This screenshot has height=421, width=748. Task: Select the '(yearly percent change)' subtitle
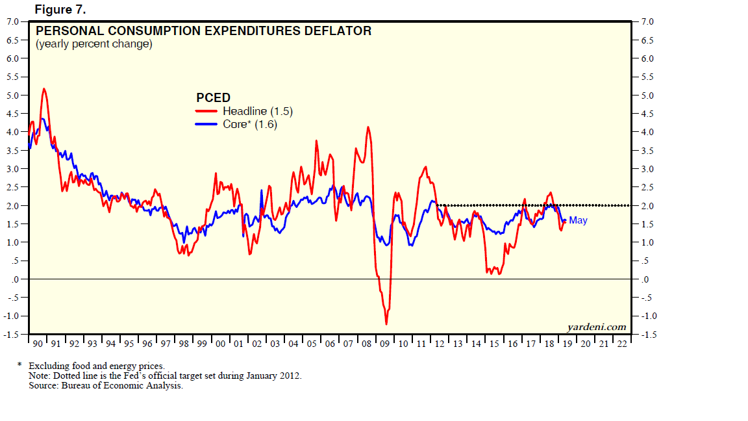point(93,44)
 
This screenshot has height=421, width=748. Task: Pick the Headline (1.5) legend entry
point(257,111)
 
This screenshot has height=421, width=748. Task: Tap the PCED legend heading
point(213,97)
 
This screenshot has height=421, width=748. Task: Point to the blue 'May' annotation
point(578,220)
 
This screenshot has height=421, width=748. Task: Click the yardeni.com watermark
point(596,327)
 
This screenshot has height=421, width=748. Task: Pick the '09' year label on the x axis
point(386,343)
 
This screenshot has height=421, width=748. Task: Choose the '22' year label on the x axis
point(622,343)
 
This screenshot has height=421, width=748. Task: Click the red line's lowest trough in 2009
point(386,324)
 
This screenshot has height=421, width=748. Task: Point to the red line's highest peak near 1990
point(44,88)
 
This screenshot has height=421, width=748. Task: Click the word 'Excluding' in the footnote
point(47,366)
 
